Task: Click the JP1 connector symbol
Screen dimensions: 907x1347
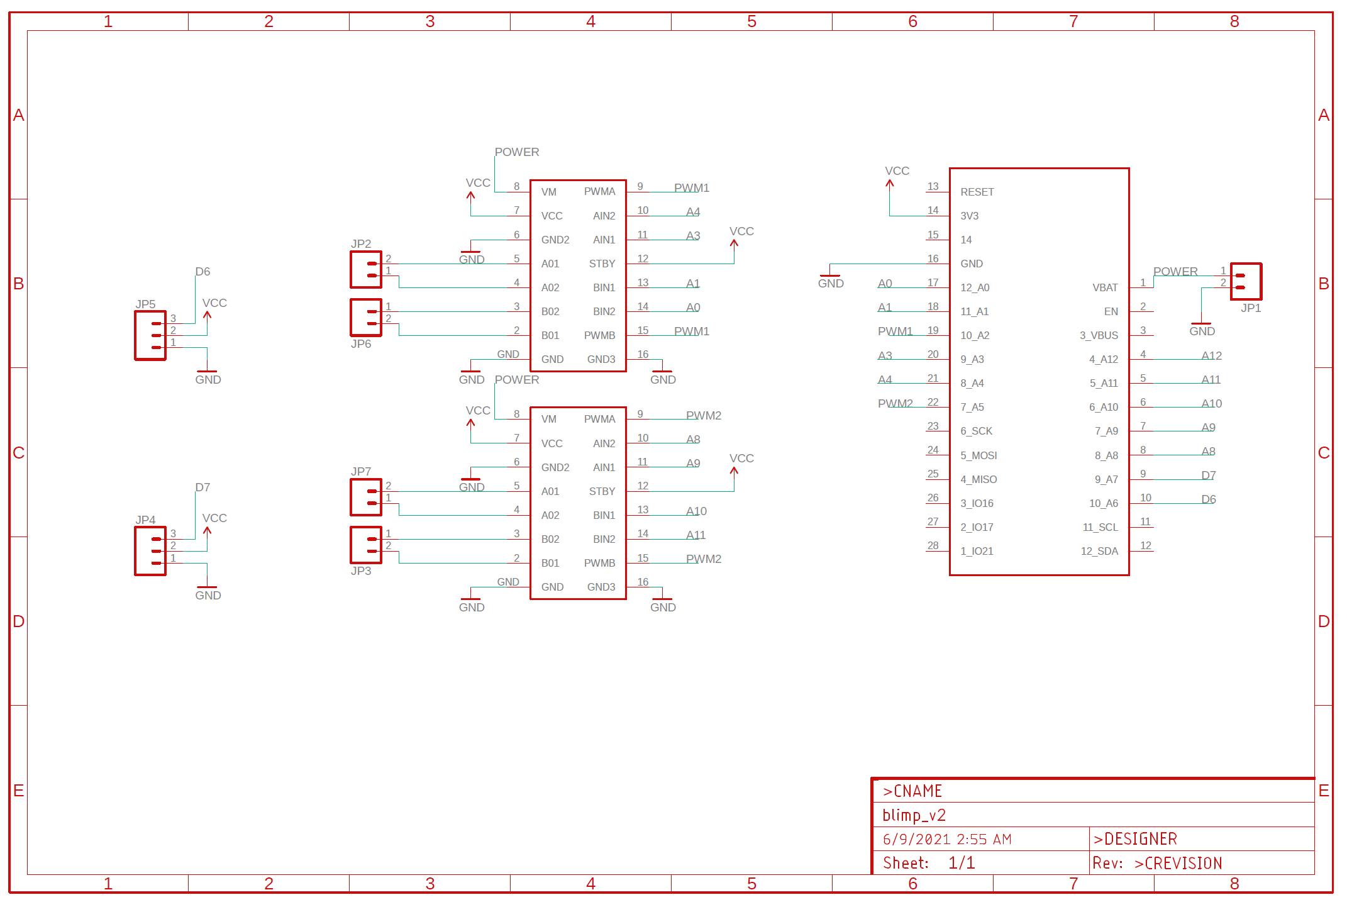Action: pos(1246,281)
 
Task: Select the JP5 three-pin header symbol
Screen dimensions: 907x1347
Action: pos(150,335)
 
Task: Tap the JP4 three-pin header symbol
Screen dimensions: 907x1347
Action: pos(150,551)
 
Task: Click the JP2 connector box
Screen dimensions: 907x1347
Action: pos(366,270)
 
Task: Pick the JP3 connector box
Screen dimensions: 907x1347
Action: pos(366,545)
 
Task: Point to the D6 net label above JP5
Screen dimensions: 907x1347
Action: pos(202,272)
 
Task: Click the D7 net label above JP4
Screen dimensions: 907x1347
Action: pos(202,487)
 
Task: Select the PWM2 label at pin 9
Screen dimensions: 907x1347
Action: pos(703,416)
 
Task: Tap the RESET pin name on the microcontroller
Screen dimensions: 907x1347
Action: pos(977,192)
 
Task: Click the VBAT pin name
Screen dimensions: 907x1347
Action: pos(1105,287)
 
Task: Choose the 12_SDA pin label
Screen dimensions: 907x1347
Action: pos(1099,551)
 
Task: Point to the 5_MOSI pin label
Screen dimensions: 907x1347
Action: pos(978,455)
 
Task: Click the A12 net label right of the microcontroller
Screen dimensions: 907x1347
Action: pos(1211,356)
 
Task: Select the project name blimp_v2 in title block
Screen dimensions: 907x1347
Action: pos(914,815)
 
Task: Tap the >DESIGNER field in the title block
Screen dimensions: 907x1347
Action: pos(1135,839)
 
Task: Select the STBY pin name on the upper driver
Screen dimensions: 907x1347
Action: pos(602,264)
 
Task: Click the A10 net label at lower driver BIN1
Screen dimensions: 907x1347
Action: pos(696,511)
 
